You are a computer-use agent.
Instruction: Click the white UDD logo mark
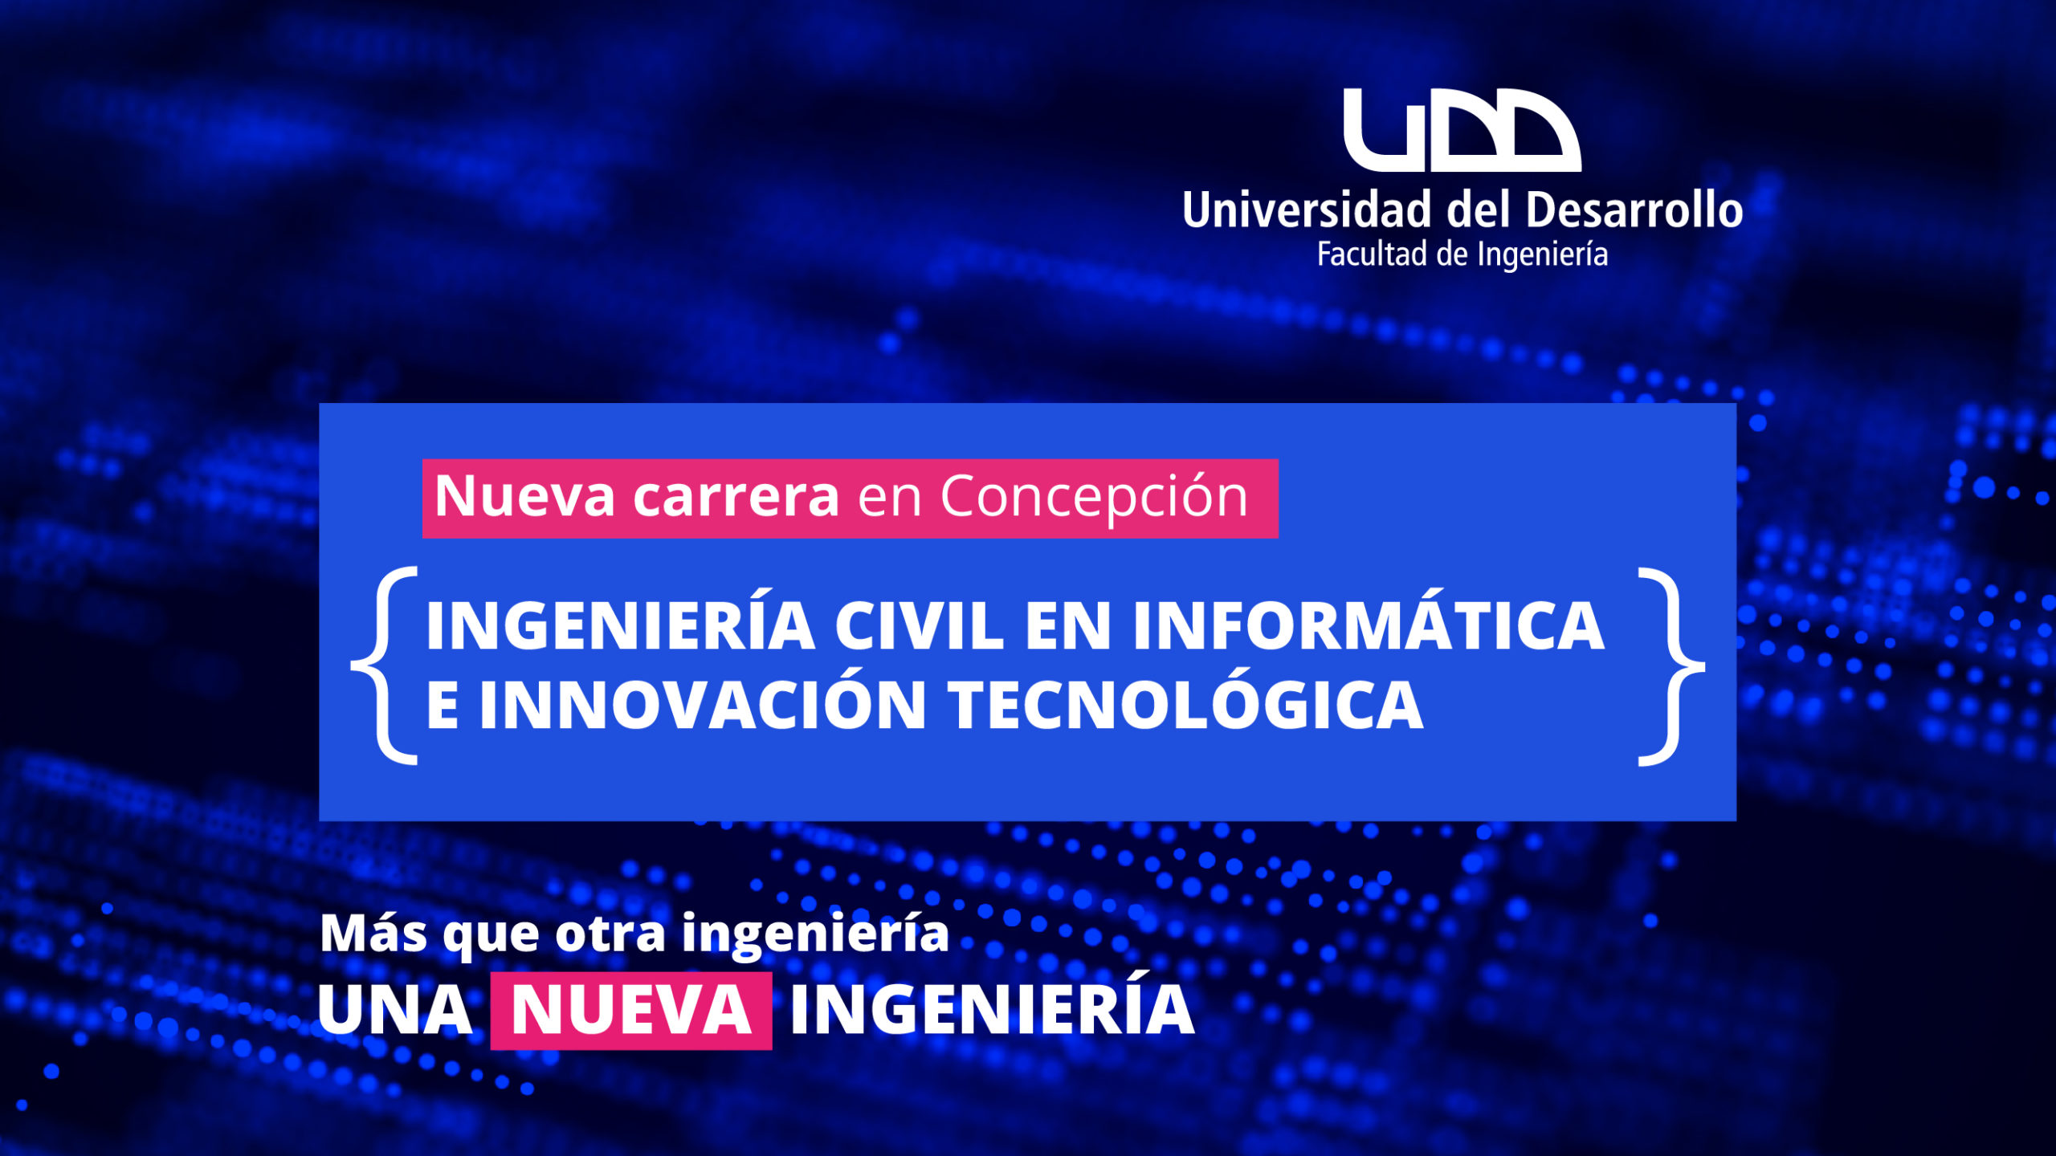1462,130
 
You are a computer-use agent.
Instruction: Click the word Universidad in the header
1307,210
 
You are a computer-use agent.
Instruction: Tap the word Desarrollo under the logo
1634,210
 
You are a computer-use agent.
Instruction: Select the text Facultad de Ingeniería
1462,254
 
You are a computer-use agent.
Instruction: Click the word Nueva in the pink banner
524,496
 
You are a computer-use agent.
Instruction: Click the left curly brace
385,666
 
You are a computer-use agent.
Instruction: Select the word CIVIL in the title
920,626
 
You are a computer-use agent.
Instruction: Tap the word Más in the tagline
373,933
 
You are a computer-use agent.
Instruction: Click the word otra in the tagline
610,934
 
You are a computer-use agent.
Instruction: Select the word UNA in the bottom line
395,1009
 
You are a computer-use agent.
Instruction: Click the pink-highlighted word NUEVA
631,1010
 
